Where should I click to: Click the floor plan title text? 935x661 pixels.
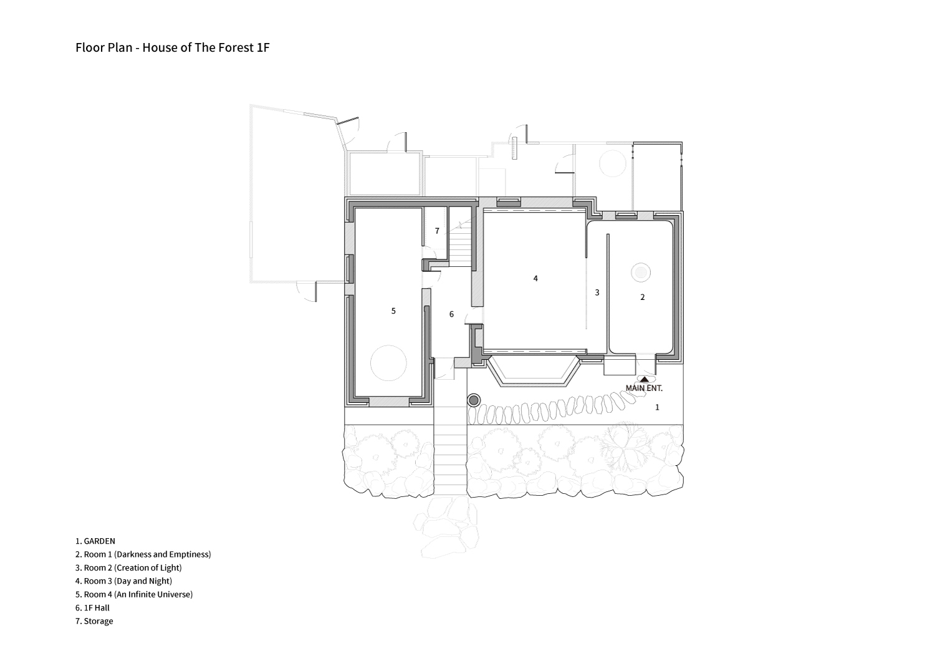point(173,47)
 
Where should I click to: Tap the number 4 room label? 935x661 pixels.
point(535,279)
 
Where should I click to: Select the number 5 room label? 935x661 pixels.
point(393,311)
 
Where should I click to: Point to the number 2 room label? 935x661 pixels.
point(643,297)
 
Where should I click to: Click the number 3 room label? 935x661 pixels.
point(597,292)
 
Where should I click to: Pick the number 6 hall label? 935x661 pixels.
point(451,314)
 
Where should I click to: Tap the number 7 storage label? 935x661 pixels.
point(437,231)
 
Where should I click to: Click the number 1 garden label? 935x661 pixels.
point(657,407)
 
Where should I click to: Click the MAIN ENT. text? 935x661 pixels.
point(644,388)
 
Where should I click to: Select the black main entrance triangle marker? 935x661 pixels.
point(645,379)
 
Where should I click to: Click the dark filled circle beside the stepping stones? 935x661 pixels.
point(474,401)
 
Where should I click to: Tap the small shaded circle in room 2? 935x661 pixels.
point(641,273)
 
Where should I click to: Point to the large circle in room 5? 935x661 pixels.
point(388,345)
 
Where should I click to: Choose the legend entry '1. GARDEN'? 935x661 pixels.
point(95,541)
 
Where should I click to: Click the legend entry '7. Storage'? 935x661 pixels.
point(94,621)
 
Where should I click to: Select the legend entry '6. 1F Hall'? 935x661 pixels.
point(93,608)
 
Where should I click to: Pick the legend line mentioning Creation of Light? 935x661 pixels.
point(128,568)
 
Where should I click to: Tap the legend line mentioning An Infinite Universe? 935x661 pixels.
point(134,595)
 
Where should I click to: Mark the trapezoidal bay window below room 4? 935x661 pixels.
point(534,372)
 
